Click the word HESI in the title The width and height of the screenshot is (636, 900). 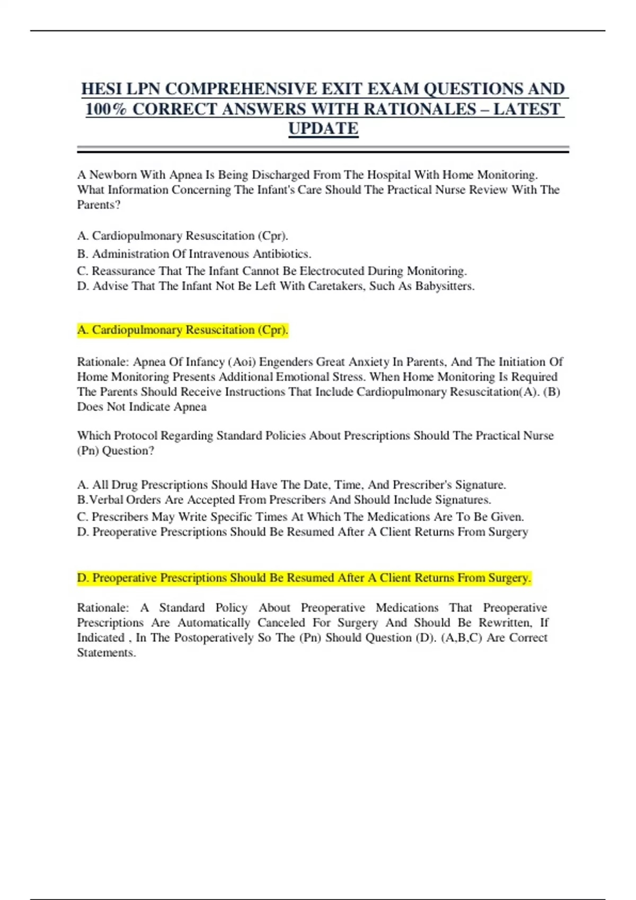[x=101, y=88]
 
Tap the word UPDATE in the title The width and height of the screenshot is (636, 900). [x=323, y=128]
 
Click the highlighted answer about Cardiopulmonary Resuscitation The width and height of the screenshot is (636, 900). [x=183, y=330]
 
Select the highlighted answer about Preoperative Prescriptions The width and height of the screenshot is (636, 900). [x=304, y=578]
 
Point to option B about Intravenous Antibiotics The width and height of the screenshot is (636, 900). [x=194, y=254]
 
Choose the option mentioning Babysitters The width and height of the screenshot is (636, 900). [x=276, y=286]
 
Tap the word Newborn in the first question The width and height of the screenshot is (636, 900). [x=113, y=175]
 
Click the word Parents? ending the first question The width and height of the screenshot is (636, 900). [x=99, y=205]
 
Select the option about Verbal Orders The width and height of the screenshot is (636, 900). [x=284, y=500]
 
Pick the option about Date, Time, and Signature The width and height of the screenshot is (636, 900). [x=291, y=484]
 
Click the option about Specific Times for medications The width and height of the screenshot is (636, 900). [x=300, y=517]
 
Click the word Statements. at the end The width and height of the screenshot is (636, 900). [x=107, y=653]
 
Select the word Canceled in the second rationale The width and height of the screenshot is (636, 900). [x=281, y=623]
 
